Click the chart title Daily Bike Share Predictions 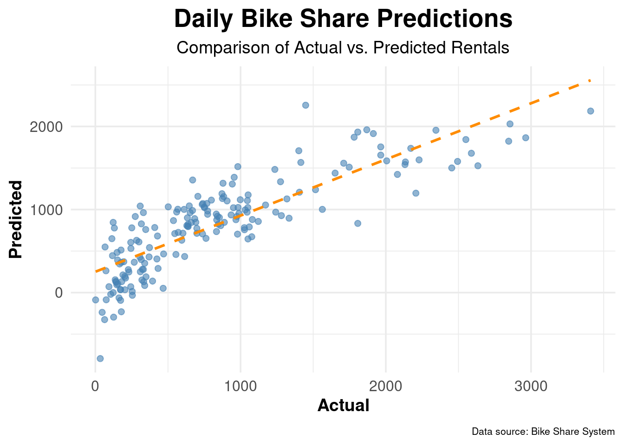click(343, 20)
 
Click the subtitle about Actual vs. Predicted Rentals click(343, 48)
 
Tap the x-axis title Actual click(343, 406)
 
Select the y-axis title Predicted click(16, 219)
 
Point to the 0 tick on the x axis click(95, 387)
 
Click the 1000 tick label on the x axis click(240, 387)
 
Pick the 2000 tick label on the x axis click(386, 387)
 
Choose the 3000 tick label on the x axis click(531, 387)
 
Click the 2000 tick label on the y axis click(46, 127)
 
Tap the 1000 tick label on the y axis click(46, 210)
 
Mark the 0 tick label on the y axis click(58, 293)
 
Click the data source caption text click(543, 432)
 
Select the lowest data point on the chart click(100, 358)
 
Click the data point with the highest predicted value click(305, 105)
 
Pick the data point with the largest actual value click(591, 111)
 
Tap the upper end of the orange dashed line click(590, 80)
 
